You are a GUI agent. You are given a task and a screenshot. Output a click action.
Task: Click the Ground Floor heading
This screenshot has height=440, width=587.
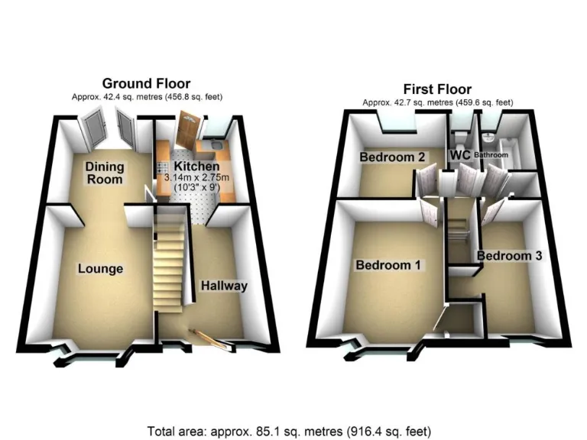pos(146,83)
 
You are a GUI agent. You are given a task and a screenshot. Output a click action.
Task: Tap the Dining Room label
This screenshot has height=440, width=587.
pos(105,173)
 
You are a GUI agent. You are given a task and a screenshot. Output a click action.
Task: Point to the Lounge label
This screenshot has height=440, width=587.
pos(100,268)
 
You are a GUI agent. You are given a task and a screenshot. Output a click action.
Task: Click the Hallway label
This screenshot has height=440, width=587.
pos(224,286)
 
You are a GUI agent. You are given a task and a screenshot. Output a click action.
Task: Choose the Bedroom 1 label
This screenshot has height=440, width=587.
pos(389,266)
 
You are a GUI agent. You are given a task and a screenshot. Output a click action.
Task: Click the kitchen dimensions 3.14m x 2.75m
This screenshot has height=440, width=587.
pos(196,178)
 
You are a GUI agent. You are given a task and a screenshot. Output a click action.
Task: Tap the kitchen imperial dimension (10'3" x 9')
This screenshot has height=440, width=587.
pos(196,189)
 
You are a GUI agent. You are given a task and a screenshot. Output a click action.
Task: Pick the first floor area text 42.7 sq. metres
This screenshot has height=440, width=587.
pos(437,102)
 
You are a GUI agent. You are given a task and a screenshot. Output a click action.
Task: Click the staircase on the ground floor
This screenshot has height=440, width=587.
pos(170,264)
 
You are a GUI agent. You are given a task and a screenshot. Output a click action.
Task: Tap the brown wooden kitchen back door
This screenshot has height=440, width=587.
pos(187,131)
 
